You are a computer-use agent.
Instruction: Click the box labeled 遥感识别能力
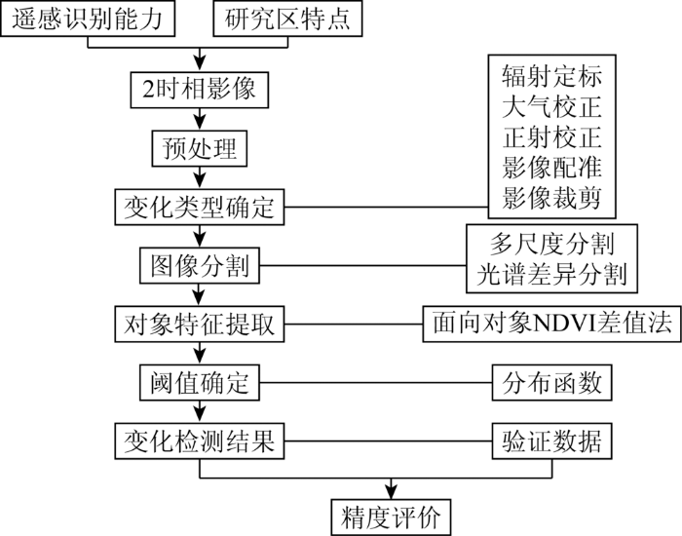[x=88, y=19]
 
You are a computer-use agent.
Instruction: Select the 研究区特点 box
[x=287, y=19]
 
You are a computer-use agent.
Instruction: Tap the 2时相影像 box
[x=199, y=90]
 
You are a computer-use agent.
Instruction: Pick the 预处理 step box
[x=199, y=148]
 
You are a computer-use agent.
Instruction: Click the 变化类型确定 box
[x=199, y=207]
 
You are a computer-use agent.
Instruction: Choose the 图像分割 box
[x=199, y=265]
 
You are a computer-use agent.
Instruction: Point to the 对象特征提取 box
[x=199, y=325]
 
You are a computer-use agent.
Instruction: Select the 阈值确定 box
[x=199, y=383]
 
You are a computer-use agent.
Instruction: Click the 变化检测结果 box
[x=199, y=441]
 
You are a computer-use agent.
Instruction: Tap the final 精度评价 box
[x=391, y=517]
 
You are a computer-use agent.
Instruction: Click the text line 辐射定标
[x=552, y=76]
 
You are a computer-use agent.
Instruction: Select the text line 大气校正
[x=552, y=106]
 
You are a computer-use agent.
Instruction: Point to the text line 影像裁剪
[x=552, y=198]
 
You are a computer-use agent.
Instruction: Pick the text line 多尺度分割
[x=552, y=244]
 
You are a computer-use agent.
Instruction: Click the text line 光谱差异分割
[x=552, y=274]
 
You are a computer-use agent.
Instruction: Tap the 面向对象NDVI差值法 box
[x=552, y=325]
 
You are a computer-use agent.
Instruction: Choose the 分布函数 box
[x=552, y=383]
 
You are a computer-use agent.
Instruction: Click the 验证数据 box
[x=552, y=441]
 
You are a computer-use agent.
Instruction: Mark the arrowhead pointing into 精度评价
[x=391, y=491]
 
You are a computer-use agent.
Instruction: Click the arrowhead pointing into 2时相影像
[x=199, y=64]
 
